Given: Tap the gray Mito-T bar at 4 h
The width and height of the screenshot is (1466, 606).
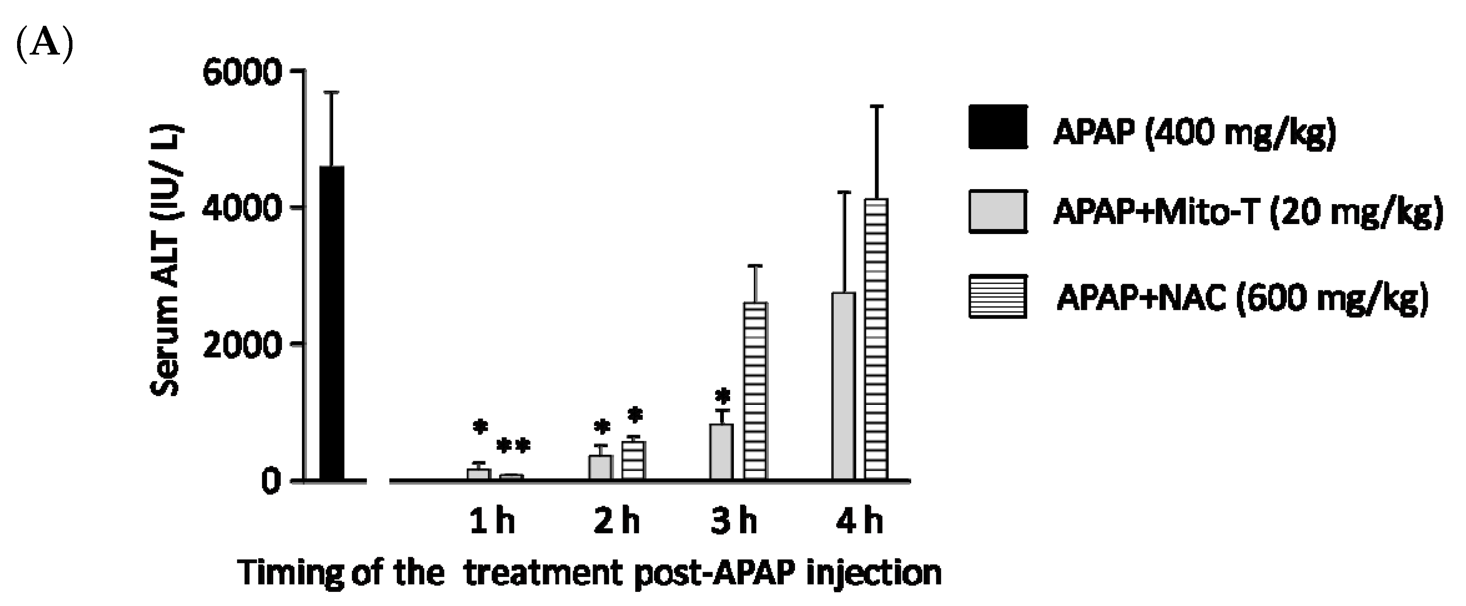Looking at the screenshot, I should click(843, 387).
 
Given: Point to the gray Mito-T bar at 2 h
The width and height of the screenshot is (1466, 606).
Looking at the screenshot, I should click(601, 467).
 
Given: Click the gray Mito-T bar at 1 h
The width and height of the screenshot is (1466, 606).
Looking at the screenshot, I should click(479, 474).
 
